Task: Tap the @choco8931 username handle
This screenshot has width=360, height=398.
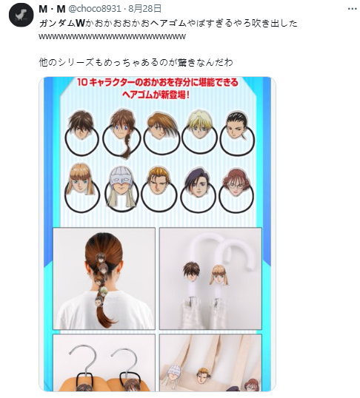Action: click(x=95, y=9)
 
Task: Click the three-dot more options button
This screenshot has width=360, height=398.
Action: click(x=352, y=9)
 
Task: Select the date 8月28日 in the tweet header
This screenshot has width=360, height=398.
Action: click(x=145, y=9)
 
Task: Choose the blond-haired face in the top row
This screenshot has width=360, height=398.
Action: click(x=199, y=124)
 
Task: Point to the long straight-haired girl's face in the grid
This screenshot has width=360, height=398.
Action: click(x=81, y=180)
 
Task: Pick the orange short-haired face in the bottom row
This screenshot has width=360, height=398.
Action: click(x=159, y=181)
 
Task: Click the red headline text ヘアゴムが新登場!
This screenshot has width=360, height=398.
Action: click(x=156, y=95)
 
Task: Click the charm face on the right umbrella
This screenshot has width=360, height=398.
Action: click(x=219, y=275)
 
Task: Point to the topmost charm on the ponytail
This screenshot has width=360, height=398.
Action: click(x=99, y=258)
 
